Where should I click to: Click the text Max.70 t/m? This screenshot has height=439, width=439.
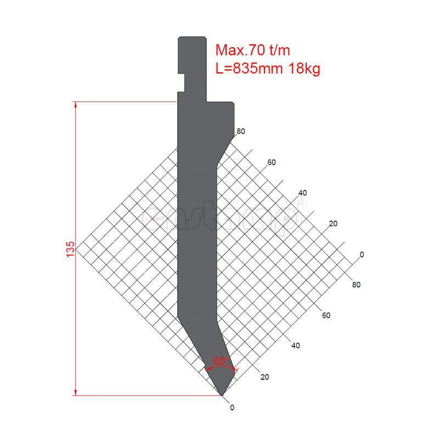point(252,50)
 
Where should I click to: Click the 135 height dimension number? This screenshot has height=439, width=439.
point(70,249)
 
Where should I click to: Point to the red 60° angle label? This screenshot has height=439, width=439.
point(221,362)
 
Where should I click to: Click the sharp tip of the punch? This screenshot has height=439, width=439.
point(221,395)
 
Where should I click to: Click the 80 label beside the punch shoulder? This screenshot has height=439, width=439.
point(240,131)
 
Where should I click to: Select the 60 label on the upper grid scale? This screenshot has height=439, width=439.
point(271,162)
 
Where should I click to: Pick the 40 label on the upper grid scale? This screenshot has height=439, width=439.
point(302,193)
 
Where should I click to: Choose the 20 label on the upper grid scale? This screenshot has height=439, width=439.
point(332,223)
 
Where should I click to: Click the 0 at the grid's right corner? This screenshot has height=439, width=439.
point(362,254)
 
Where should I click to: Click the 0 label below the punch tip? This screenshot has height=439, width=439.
point(232,407)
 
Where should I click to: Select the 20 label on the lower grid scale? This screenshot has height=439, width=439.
point(264,376)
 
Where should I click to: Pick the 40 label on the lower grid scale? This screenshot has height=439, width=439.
point(295,346)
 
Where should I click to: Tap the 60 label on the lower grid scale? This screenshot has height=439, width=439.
point(326,315)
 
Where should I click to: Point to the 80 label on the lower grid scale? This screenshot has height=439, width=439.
point(356,284)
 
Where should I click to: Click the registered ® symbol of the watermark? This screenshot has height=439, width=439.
point(301,202)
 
